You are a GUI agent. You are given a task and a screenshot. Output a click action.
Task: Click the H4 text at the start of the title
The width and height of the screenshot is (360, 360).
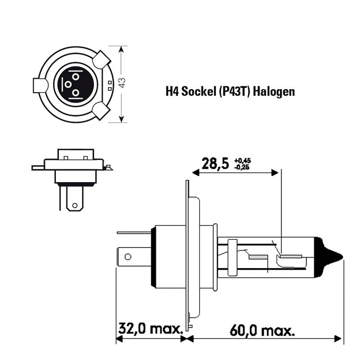(x=172, y=92)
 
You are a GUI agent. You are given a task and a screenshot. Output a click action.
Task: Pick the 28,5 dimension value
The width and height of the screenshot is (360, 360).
(x=215, y=163)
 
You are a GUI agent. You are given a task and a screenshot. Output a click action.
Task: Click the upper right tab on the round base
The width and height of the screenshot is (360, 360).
(x=103, y=58)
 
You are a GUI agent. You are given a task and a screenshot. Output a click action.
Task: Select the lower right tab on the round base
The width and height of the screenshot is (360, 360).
(x=102, y=110)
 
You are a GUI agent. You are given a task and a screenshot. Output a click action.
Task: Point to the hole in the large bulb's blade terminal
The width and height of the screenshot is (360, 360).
(x=128, y=257)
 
